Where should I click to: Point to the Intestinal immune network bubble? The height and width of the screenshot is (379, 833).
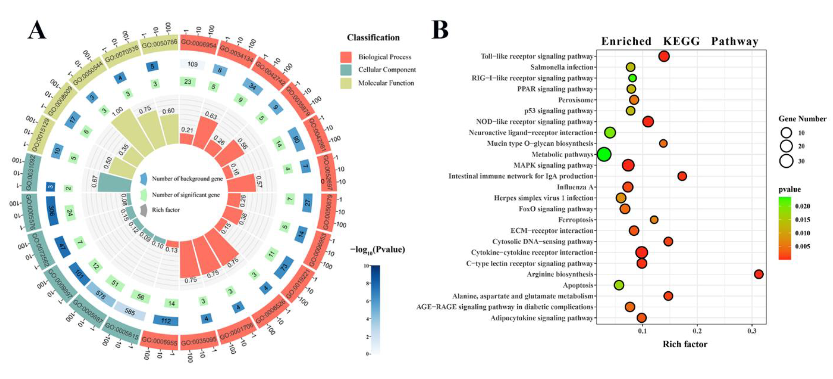[x=682, y=176]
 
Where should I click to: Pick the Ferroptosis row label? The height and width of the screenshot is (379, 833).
[x=576, y=220]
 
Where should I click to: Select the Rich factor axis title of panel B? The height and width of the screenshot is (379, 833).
[x=685, y=344]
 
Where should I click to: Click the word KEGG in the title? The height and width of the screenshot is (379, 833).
[x=681, y=41]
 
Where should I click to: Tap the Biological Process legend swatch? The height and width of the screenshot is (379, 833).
[x=346, y=57]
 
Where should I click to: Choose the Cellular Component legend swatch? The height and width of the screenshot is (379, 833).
[x=346, y=70]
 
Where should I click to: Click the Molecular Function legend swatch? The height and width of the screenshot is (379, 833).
[x=346, y=83]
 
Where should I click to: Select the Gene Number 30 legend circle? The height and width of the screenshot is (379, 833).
[x=786, y=161]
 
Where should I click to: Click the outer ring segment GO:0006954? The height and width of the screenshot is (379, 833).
[x=198, y=43]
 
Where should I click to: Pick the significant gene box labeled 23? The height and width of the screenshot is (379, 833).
[x=188, y=82]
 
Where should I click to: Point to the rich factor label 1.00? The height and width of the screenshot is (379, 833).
[x=117, y=111]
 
